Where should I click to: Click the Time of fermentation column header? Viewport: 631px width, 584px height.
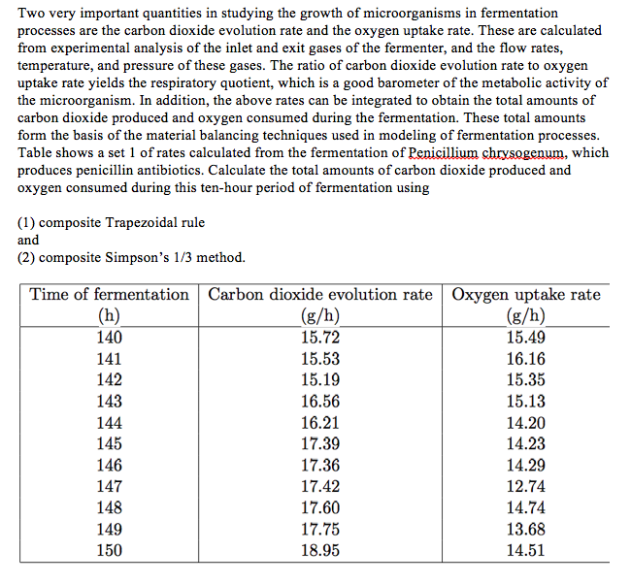[109, 295]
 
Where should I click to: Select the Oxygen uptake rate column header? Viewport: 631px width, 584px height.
[526, 295]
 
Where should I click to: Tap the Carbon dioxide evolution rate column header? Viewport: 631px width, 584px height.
[320, 295]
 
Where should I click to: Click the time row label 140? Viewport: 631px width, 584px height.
[109, 338]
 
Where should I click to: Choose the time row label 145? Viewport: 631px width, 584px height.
[109, 443]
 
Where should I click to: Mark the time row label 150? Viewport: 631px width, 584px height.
[109, 550]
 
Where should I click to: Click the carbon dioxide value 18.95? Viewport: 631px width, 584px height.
[320, 550]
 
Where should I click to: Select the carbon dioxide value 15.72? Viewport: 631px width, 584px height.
[320, 338]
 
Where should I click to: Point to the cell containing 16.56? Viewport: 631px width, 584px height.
[320, 402]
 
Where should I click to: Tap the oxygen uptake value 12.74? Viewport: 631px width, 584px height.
[526, 486]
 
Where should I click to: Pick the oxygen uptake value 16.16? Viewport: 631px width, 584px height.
[526, 359]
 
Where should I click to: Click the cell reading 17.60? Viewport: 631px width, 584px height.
[320, 507]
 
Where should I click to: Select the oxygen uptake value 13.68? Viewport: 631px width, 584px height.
[526, 529]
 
